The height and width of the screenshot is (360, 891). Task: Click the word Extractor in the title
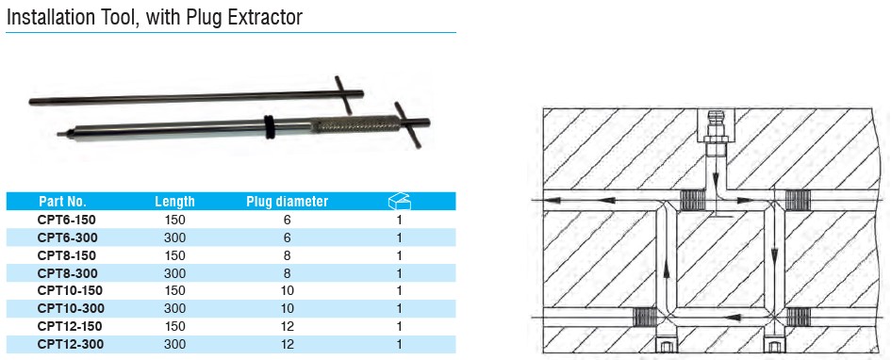(265, 17)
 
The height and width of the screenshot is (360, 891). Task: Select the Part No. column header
(62, 201)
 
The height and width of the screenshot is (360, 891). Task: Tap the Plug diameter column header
(287, 201)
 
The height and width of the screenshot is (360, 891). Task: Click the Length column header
(174, 201)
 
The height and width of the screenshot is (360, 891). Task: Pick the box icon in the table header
(399, 201)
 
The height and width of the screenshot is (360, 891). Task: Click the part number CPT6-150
(67, 220)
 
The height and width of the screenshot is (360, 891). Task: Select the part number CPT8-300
(67, 273)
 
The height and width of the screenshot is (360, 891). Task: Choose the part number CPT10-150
(70, 290)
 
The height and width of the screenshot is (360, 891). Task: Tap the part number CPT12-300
(71, 344)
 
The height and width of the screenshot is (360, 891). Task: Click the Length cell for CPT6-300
(174, 237)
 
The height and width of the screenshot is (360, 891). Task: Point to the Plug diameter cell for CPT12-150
(288, 326)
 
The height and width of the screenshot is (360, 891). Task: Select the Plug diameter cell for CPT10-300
(288, 308)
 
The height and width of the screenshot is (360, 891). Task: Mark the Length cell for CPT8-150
(174, 255)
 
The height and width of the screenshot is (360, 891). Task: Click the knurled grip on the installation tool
(355, 123)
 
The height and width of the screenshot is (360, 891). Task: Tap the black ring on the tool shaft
(268, 126)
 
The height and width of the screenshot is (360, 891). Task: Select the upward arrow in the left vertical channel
(666, 272)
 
